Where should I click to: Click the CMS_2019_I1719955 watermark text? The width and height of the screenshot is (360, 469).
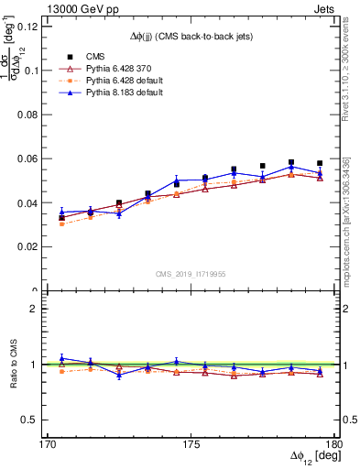191,273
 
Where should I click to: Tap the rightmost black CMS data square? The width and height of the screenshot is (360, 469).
320,163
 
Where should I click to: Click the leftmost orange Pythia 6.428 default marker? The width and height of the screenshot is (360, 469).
61,224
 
